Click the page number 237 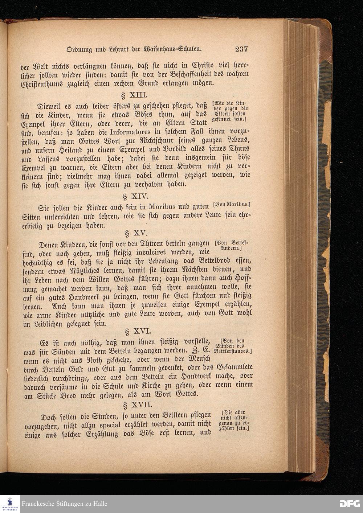[241, 49]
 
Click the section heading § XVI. [137, 331]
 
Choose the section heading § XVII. [138, 404]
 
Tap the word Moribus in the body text [156, 207]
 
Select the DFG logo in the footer [350, 504]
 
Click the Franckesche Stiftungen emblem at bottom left [10, 504]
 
